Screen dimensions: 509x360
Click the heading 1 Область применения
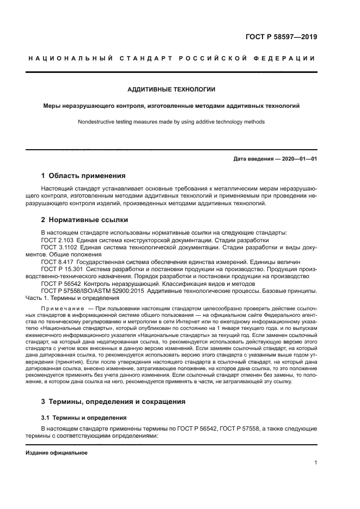click(x=83, y=175)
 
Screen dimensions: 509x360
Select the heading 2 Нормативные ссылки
click(x=84, y=220)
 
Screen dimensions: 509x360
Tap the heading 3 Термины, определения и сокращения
click(x=113, y=401)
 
